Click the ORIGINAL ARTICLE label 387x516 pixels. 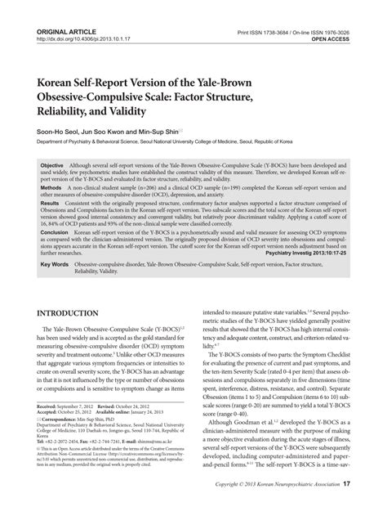(62, 8)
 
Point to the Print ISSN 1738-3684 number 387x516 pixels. (274, 8)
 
